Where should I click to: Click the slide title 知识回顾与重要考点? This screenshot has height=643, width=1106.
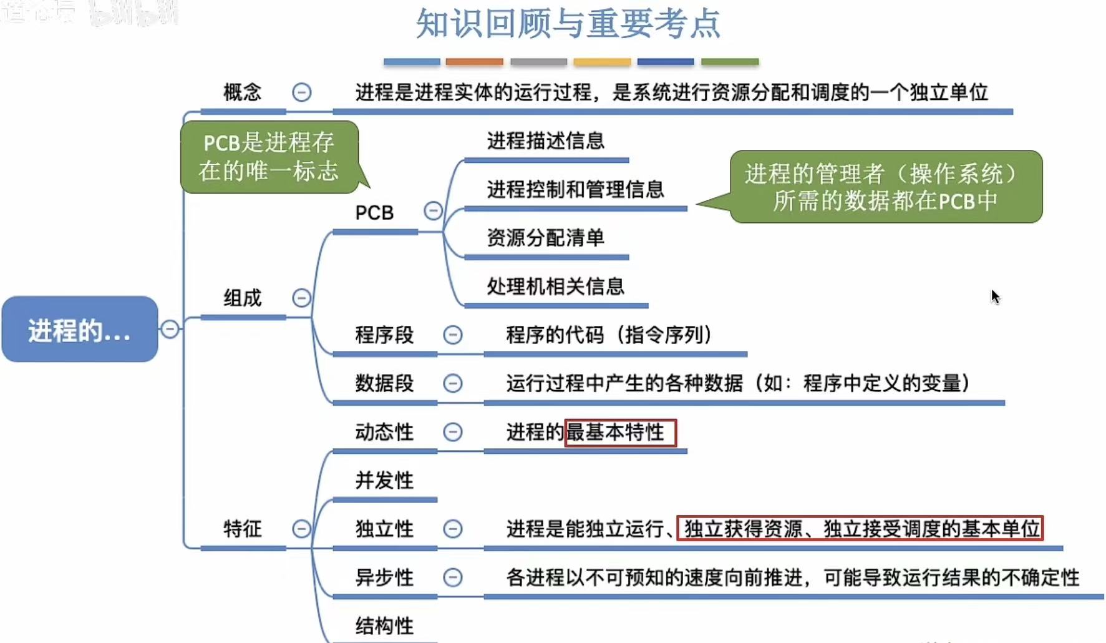568,24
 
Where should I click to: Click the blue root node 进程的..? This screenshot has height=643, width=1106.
80,330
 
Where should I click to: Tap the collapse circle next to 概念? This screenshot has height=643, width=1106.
302,92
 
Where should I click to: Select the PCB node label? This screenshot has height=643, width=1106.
374,213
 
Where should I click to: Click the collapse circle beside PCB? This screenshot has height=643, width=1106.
433,211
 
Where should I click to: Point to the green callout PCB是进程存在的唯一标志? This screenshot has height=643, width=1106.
269,157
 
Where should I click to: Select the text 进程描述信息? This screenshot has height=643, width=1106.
545,141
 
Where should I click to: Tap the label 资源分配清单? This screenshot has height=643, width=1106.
545,238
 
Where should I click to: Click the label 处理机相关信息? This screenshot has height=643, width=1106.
555,287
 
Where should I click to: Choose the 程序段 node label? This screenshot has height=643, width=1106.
384,335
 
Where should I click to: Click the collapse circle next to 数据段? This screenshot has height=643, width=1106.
453,383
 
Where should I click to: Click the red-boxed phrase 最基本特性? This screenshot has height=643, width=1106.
619,432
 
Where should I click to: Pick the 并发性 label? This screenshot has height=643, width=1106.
384,481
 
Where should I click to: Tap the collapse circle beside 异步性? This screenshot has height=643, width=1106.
453,577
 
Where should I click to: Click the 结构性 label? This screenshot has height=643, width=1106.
384,626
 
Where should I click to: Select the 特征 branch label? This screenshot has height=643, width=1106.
242,529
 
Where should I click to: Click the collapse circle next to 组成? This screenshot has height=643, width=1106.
302,298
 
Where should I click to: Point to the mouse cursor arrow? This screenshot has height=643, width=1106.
995,297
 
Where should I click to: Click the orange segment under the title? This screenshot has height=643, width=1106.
474,62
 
